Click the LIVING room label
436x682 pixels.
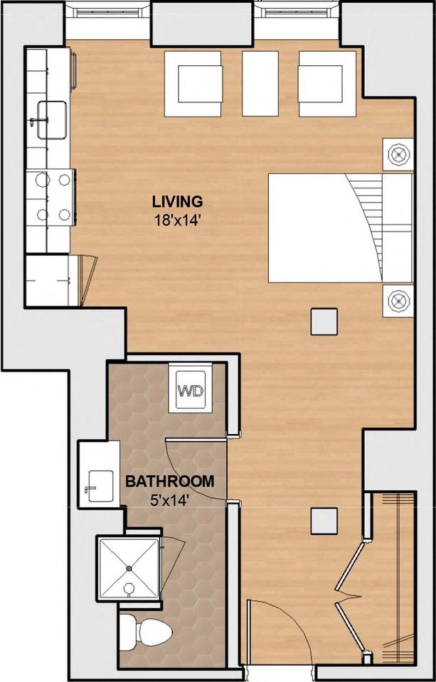click(177, 202)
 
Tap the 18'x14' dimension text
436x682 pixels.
click(177, 220)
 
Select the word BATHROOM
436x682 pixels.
click(170, 482)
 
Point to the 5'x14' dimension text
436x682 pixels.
click(170, 501)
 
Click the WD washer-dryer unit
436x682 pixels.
click(191, 389)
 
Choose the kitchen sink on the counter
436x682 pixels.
click(52, 119)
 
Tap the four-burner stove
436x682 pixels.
click(51, 197)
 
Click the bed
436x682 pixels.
click(340, 228)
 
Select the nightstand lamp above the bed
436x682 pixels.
click(398, 154)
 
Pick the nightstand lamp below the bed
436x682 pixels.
click(398, 301)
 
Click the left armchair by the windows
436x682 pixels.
click(193, 84)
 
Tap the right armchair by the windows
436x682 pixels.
click(327, 84)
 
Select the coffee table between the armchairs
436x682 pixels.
click(260, 84)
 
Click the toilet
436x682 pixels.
click(146, 632)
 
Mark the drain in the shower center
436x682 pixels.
click(129, 568)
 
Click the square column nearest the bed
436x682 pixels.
click(324, 321)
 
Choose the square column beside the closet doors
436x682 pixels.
click(324, 521)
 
